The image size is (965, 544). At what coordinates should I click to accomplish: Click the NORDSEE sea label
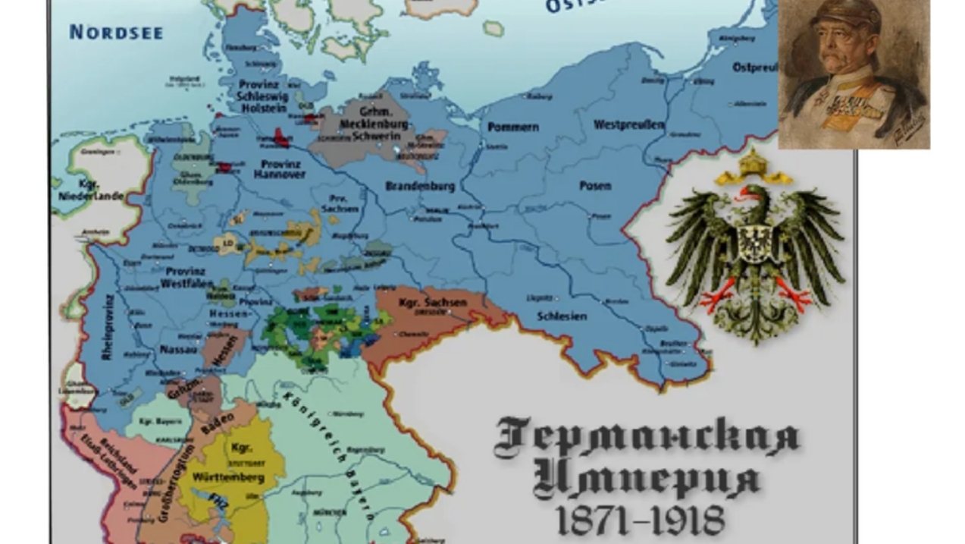tap(116, 32)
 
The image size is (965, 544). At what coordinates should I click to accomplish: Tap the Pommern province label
tap(512, 127)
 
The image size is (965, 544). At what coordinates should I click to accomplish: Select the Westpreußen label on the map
tap(629, 124)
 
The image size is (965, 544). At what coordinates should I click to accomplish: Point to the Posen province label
tap(595, 186)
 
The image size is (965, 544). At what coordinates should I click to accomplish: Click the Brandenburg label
tap(420, 186)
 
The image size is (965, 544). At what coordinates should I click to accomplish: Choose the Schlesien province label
tap(562, 316)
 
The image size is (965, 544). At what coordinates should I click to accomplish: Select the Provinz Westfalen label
tap(181, 277)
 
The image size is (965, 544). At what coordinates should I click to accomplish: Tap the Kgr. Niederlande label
tap(90, 190)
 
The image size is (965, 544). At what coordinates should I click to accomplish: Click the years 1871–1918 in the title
tap(640, 520)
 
